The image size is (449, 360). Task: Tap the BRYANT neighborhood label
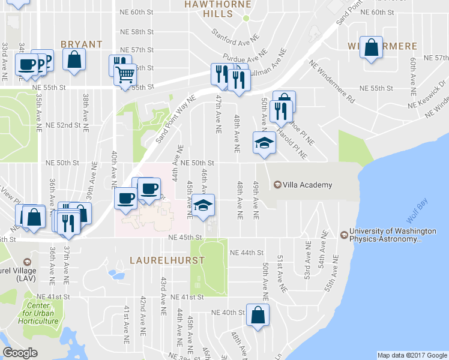[x=81, y=44]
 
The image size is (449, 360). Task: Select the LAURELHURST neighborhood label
[x=167, y=260]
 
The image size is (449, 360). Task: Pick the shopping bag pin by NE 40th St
[x=258, y=314]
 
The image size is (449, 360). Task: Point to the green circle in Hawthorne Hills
[x=246, y=18]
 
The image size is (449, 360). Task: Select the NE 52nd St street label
[x=63, y=125]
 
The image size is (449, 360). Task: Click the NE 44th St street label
[x=247, y=253]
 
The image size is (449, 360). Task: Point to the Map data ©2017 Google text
[x=411, y=355]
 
